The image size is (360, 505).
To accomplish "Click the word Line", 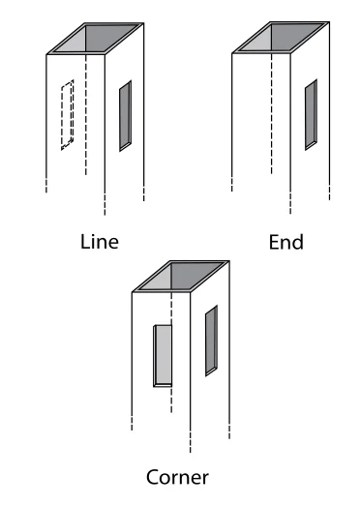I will (99, 241).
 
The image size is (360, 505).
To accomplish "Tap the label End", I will (285, 241).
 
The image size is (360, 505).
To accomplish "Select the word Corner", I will (177, 476).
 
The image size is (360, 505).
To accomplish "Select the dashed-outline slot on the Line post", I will (66, 116).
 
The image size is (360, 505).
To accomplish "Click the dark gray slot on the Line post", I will (125, 116).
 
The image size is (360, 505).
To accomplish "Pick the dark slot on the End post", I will (311, 115).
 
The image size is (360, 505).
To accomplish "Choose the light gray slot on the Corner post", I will (163, 355).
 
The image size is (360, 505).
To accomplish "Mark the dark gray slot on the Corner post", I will (211, 340).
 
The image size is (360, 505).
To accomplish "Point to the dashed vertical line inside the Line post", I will (88, 116).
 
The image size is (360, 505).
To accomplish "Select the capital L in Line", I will (84, 241).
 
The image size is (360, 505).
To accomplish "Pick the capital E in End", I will (272, 241).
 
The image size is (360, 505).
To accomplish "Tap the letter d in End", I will (297, 241).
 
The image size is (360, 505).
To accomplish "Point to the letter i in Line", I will (93, 241).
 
